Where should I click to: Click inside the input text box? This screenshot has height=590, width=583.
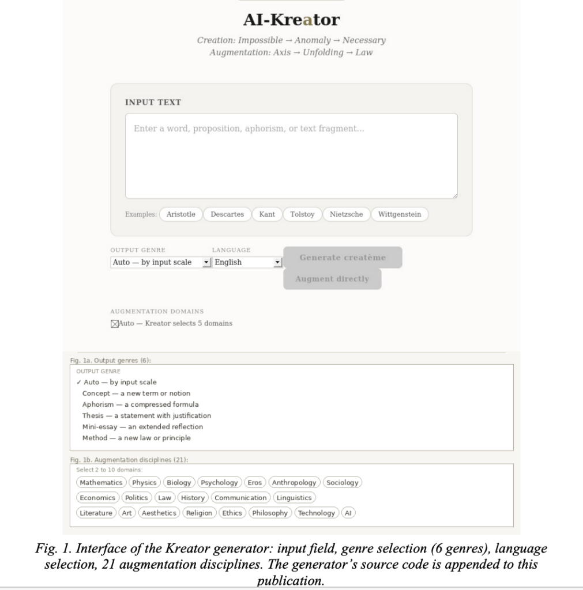click(291, 156)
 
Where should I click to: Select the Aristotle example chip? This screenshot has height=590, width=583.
click(180, 214)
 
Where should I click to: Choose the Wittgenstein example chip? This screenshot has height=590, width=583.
click(400, 214)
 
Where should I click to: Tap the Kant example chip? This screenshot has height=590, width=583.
click(267, 214)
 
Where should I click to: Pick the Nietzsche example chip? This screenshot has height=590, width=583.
click(346, 214)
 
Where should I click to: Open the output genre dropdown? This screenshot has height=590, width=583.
click(159, 262)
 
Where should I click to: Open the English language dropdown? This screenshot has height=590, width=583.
click(246, 262)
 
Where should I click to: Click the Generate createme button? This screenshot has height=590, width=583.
click(343, 258)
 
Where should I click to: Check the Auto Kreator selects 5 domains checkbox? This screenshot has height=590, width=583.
click(114, 324)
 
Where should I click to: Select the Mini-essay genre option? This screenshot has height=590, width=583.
click(142, 427)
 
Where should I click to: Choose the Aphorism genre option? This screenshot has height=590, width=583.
click(140, 404)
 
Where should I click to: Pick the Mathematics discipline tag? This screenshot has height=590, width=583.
click(101, 482)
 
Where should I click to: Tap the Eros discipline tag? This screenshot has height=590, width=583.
click(254, 482)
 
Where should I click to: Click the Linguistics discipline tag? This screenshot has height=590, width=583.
click(294, 498)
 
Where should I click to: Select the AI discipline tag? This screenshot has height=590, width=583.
click(348, 513)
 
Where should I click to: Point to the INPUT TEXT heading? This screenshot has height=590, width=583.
click(153, 103)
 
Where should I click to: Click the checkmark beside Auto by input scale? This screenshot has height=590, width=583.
click(78, 383)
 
